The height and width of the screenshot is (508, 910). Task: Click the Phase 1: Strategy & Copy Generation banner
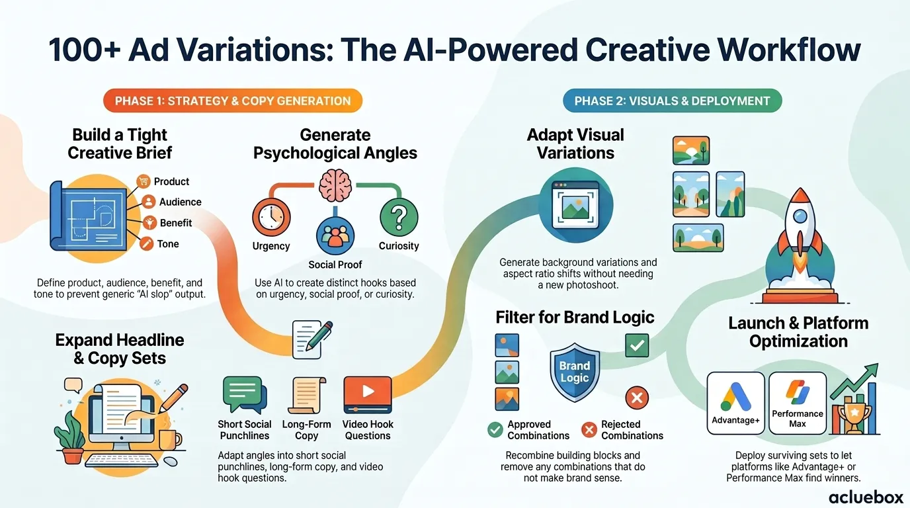click(233, 101)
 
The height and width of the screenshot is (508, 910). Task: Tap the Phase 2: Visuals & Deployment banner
click(673, 101)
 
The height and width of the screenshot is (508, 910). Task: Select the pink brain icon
click(335, 185)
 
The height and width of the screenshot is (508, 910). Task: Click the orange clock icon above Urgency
click(271, 217)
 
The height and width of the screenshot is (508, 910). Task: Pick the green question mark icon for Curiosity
click(399, 217)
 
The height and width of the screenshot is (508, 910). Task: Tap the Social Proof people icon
click(335, 235)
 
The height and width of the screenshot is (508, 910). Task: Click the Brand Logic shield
click(575, 372)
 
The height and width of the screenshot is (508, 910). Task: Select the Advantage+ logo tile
click(735, 403)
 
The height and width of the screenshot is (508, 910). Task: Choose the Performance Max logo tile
click(798, 403)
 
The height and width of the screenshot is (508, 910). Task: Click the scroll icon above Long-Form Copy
click(307, 395)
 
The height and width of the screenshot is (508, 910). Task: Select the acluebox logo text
click(866, 497)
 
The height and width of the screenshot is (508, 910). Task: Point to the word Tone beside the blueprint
click(168, 244)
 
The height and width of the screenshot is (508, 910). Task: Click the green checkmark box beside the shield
click(637, 345)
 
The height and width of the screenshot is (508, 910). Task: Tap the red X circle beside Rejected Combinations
click(589, 429)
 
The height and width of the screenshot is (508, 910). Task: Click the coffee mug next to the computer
click(170, 440)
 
